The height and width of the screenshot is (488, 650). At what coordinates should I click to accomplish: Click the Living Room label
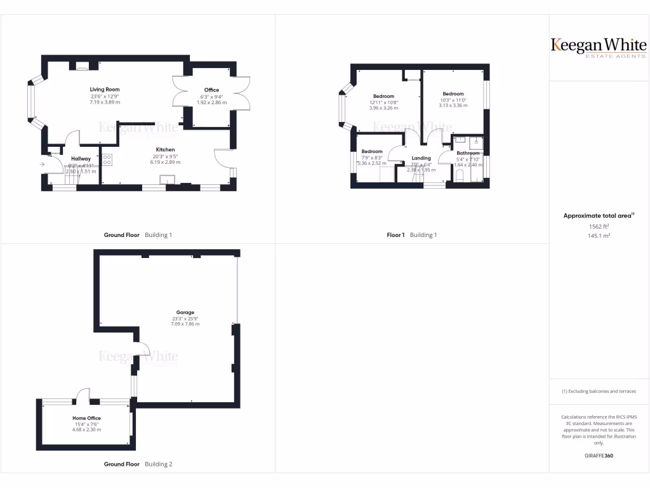105,90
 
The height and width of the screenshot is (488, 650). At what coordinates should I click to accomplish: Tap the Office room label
211,90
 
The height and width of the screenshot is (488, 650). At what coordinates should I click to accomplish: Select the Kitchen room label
166,150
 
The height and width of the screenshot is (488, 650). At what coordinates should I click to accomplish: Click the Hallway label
81,159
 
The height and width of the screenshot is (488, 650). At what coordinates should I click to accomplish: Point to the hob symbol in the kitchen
107,160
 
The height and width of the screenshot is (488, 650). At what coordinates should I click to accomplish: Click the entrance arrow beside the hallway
43,165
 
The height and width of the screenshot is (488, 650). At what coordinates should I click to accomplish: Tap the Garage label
185,313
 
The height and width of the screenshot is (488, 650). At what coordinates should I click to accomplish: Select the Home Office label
86,418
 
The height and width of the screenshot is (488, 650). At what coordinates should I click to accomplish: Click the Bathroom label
468,153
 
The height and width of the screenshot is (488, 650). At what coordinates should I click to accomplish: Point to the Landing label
421,158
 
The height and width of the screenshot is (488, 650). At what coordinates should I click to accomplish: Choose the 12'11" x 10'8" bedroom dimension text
383,102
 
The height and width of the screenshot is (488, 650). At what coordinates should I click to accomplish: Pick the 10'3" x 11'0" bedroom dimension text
453,100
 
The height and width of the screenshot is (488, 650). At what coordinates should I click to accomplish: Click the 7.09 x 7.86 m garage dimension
185,324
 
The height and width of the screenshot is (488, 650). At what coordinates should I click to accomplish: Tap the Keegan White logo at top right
599,47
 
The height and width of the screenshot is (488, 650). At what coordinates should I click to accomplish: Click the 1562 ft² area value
599,226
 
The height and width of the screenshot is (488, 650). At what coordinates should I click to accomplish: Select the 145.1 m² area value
599,236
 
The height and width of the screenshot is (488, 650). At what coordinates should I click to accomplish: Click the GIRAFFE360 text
599,456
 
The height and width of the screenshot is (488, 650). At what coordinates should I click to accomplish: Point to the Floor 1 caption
395,235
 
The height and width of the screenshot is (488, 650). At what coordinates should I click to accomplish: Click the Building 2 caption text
158,464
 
